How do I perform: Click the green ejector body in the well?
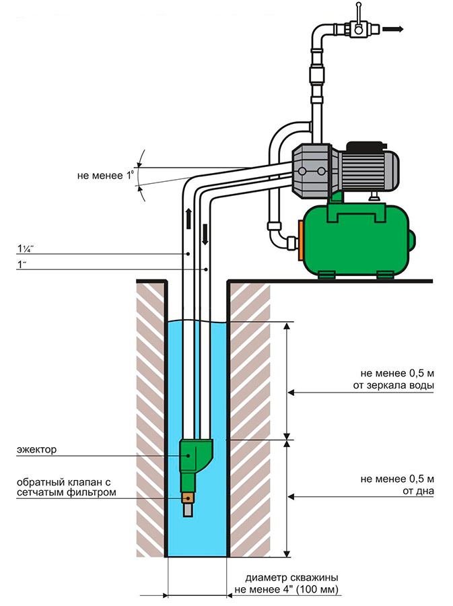point(195,456)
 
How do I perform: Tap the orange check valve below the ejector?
point(189,498)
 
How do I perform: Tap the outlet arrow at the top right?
point(393,29)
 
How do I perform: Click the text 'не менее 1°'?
point(104,176)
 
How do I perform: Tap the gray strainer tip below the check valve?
point(189,510)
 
